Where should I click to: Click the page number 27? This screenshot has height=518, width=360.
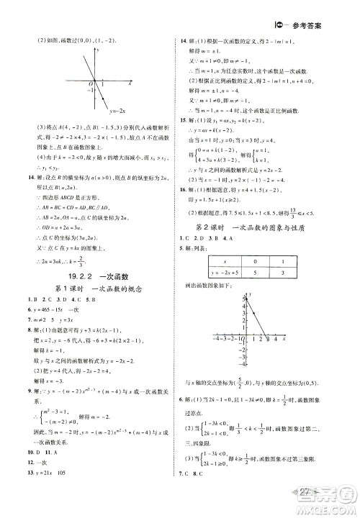point(320,501)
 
